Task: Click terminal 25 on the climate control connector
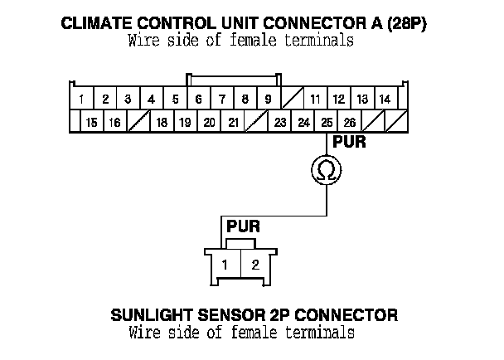click(x=327, y=123)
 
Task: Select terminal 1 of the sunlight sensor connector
click(x=225, y=265)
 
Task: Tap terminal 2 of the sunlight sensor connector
click(x=255, y=265)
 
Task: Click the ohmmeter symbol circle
click(x=327, y=171)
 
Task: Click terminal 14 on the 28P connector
click(x=385, y=100)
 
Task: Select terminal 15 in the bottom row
click(x=91, y=123)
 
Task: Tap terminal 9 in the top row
click(x=268, y=100)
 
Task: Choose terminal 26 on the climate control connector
click(x=350, y=123)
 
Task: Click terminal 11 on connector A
click(x=315, y=100)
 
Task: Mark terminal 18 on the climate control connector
click(x=162, y=123)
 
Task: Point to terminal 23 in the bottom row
click(x=280, y=123)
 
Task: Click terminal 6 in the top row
click(x=199, y=100)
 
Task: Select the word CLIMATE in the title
click(x=94, y=23)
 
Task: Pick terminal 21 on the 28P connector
click(x=234, y=123)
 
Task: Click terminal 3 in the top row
click(x=128, y=100)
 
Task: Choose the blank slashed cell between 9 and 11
click(x=291, y=100)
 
